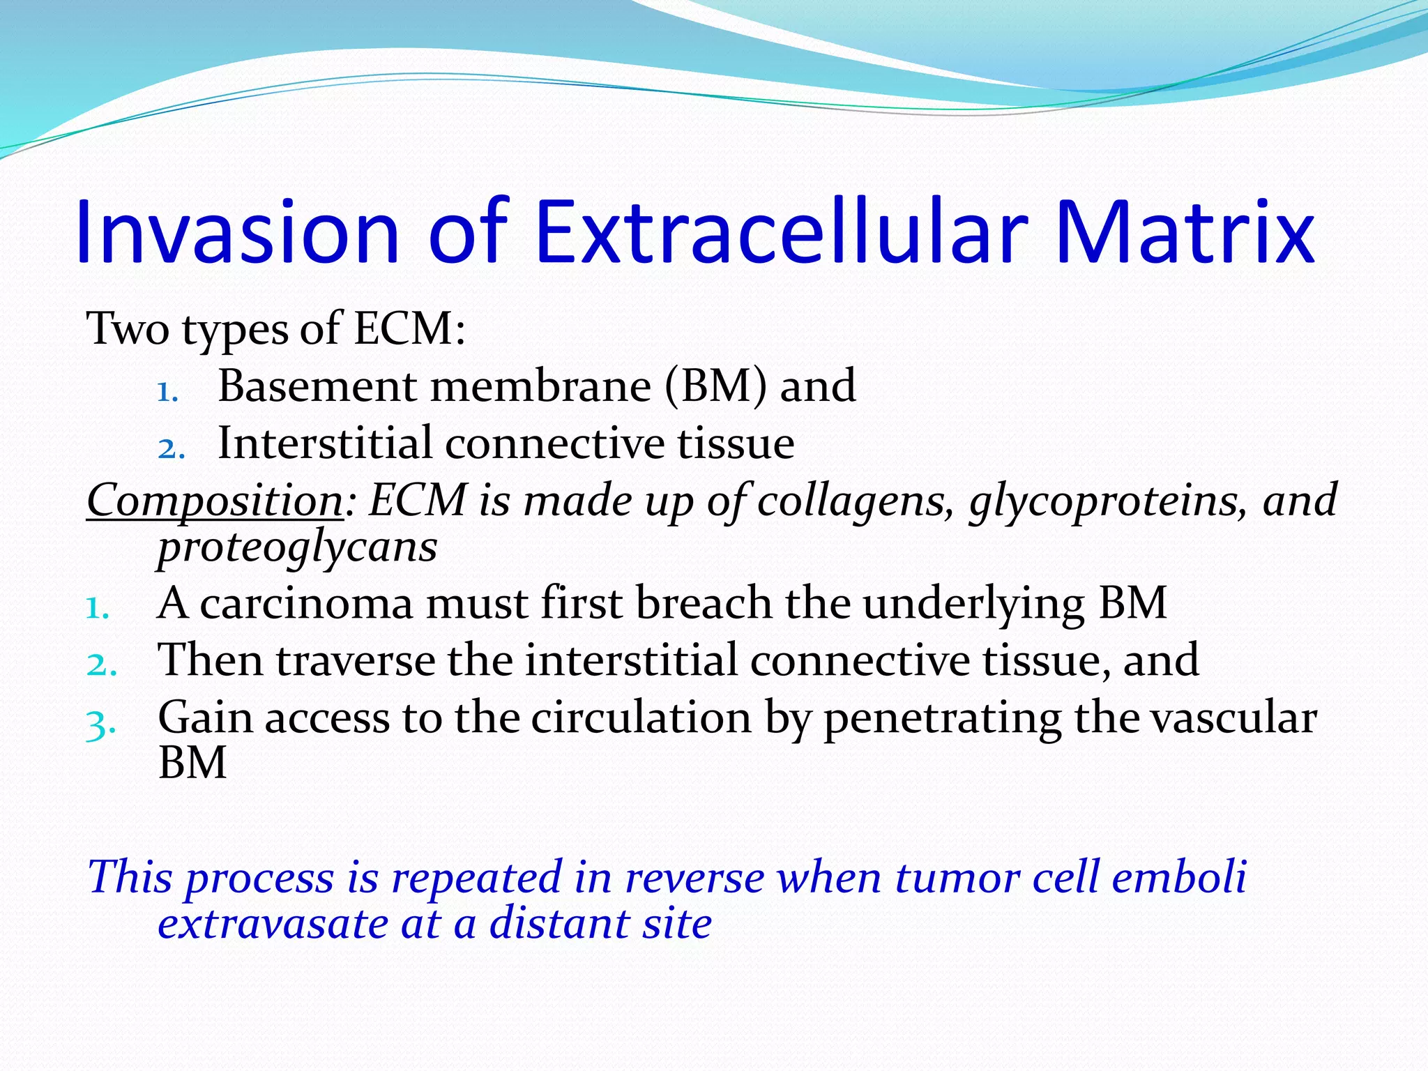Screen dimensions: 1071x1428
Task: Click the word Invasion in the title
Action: click(x=237, y=232)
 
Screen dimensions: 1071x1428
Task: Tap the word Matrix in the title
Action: click(x=1185, y=232)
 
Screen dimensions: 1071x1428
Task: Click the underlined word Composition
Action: click(x=214, y=501)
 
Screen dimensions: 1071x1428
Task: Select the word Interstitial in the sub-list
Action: click(x=325, y=443)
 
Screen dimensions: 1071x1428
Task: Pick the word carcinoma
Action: click(x=307, y=604)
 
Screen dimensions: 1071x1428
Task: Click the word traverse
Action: click(x=356, y=660)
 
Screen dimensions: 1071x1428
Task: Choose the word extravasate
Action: click(x=273, y=925)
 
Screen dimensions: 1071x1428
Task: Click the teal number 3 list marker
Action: click(x=98, y=725)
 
